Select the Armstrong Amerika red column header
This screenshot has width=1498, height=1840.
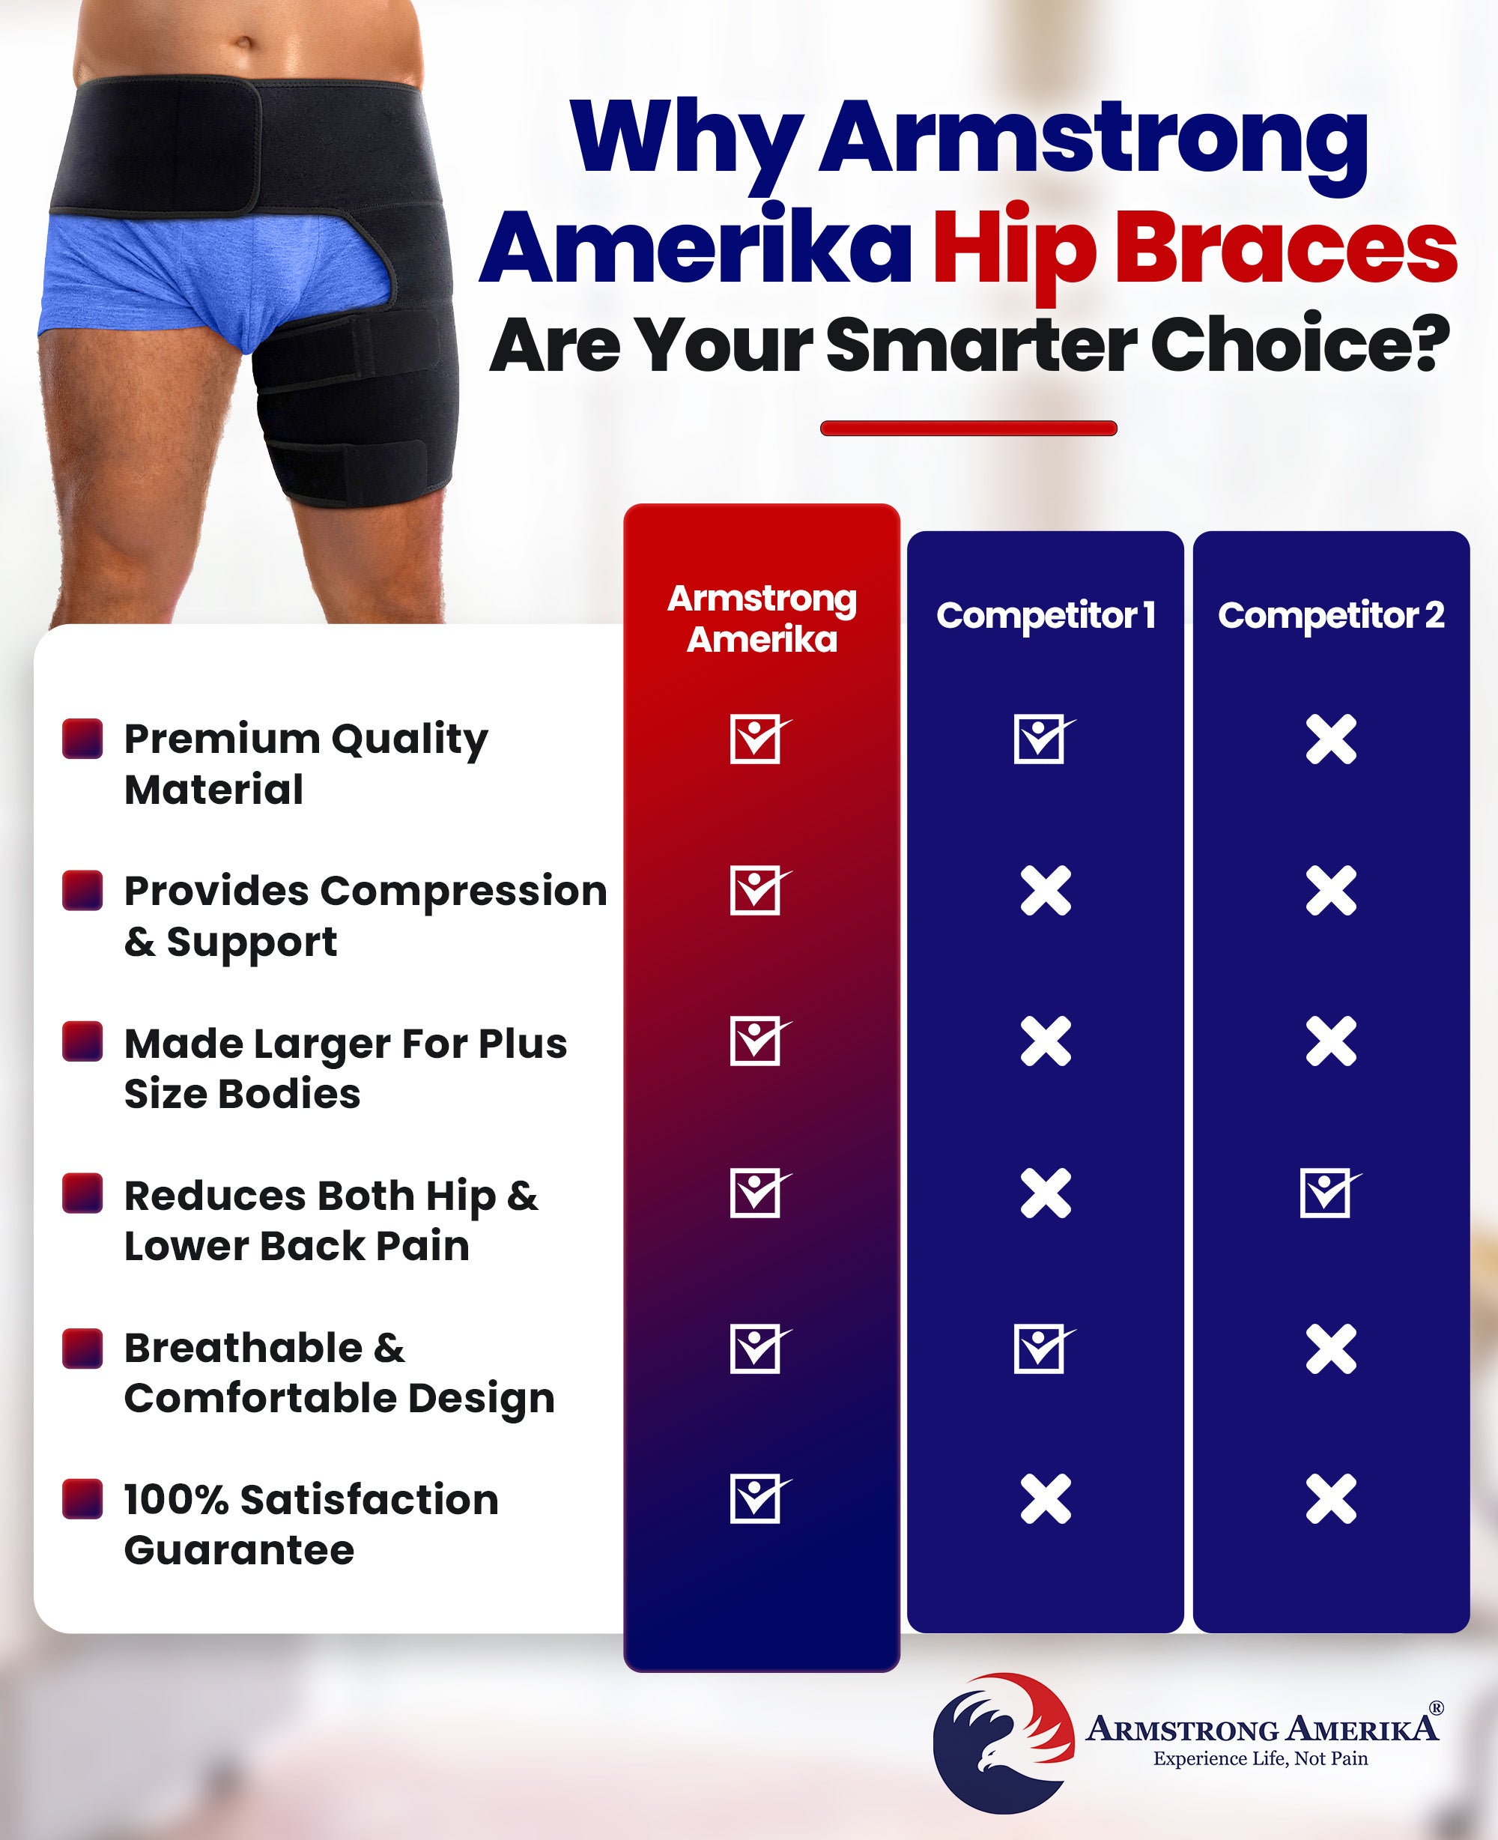coord(762,619)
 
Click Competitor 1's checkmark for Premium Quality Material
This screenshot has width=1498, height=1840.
coord(1043,739)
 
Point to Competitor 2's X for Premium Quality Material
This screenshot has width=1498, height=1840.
coord(1330,739)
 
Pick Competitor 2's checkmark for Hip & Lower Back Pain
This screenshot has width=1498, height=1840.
coord(1329,1193)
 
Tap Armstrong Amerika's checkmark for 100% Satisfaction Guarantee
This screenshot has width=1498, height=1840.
coord(759,1499)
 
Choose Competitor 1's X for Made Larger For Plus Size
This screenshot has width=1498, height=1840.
coord(1045,1041)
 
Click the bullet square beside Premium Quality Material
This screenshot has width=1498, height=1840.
coord(83,739)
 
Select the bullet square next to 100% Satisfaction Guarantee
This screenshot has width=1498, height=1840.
coord(83,1499)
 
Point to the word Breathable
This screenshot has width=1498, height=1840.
coord(243,1348)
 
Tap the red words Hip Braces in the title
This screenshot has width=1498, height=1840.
coord(1195,249)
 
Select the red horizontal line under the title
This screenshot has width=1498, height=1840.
coord(968,428)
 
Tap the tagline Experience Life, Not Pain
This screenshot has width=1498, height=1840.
coord(1261,1759)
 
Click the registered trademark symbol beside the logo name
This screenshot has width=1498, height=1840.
coord(1437,1708)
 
